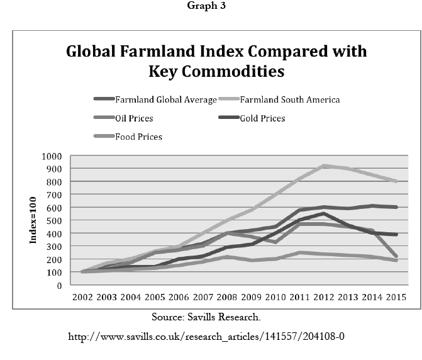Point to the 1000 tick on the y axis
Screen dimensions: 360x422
tap(52, 156)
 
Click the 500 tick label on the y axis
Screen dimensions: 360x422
tap(55, 221)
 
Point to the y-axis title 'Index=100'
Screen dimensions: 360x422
tap(34, 221)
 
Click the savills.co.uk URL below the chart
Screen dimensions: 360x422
tap(206, 337)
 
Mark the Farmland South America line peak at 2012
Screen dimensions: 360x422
tap(323, 166)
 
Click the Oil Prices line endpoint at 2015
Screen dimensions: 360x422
tap(396, 257)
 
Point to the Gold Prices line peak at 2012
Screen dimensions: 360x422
tap(323, 213)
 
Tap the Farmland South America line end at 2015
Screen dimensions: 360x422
tap(396, 181)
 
